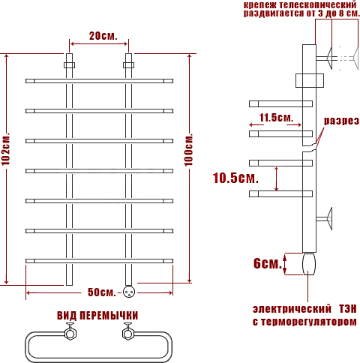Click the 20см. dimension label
[103, 36]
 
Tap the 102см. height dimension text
[6, 149]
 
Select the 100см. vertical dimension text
[189, 150]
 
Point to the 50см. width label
[102, 292]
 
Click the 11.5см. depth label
[276, 117]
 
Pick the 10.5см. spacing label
[235, 178]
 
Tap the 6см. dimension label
[268, 263]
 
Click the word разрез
[341, 121]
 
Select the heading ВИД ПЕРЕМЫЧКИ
[97, 316]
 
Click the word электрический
[292, 309]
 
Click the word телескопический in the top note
[317, 4]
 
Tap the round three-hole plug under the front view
[129, 292]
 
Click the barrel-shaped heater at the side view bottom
[309, 264]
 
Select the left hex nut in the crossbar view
[70, 333]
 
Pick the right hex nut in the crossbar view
[128, 333]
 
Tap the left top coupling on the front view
[69, 65]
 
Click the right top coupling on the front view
[128, 65]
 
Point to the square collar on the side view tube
[310, 80]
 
